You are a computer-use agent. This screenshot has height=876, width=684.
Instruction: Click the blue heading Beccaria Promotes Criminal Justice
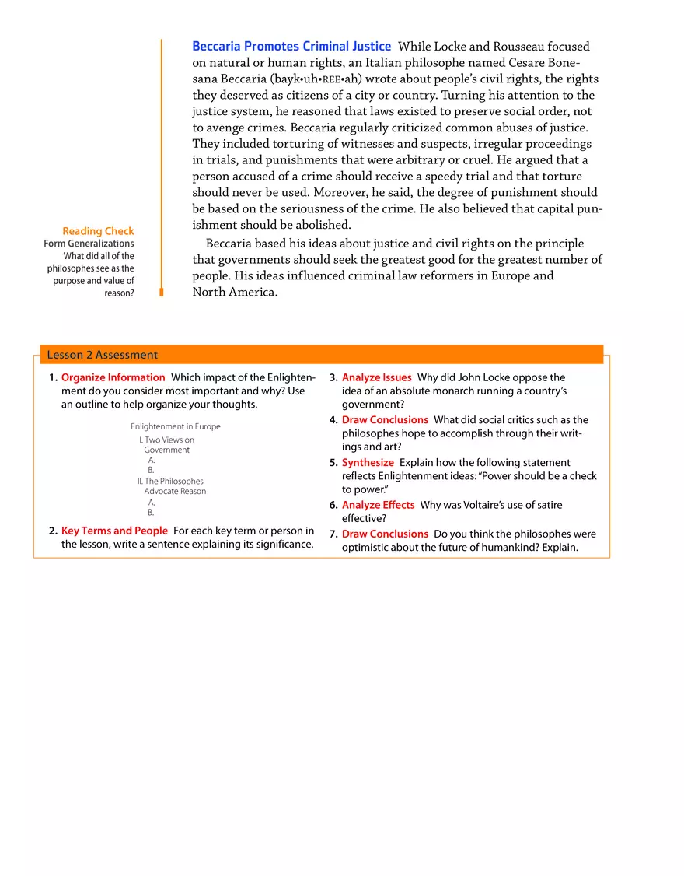291,47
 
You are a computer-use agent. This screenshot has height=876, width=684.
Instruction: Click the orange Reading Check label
98,231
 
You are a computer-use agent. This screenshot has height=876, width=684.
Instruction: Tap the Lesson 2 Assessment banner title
102,355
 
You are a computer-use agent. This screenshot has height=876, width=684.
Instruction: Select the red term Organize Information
113,377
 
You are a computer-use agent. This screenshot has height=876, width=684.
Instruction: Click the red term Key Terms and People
114,531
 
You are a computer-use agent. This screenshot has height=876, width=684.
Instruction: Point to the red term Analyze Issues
376,377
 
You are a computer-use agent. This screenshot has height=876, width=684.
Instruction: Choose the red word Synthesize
368,462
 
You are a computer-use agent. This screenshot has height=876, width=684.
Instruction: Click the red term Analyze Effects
378,505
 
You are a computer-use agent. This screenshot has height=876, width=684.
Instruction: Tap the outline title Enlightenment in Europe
175,426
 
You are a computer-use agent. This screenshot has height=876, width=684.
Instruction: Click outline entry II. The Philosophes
170,481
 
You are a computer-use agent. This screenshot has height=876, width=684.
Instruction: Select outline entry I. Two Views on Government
166,445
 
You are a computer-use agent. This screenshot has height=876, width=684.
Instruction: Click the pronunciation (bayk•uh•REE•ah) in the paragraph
318,79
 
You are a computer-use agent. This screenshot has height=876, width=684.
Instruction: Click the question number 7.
333,534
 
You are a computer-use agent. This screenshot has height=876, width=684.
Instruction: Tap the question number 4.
333,420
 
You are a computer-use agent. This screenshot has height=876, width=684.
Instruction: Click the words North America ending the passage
234,293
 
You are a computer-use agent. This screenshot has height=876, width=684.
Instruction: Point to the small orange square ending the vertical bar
162,292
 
